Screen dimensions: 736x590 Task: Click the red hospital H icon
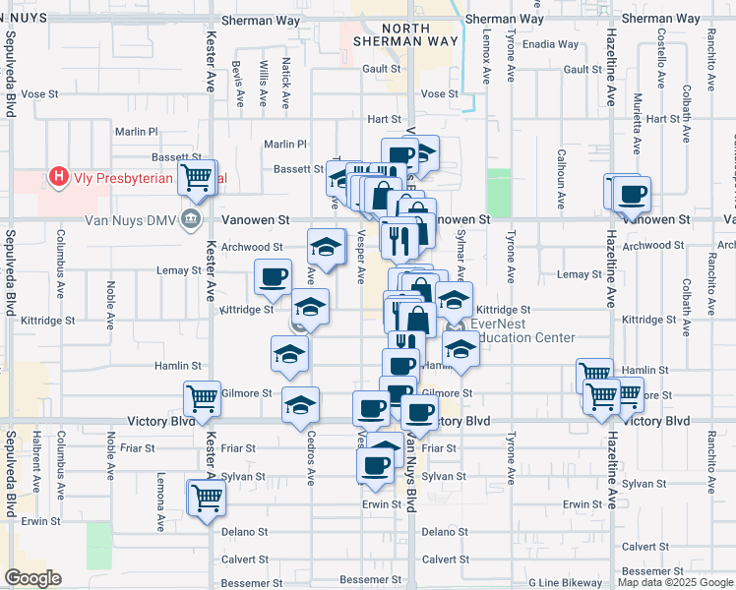coord(59,178)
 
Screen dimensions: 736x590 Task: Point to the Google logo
coord(32,578)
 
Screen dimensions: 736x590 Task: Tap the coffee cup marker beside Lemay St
coord(274,276)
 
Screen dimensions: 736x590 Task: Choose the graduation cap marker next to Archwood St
coord(327,244)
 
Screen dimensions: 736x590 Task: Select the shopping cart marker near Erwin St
coord(207,497)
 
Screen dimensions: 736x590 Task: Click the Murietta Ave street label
coord(637,133)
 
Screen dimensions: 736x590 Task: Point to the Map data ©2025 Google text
coord(675,582)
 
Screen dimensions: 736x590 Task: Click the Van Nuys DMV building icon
coord(192,219)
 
